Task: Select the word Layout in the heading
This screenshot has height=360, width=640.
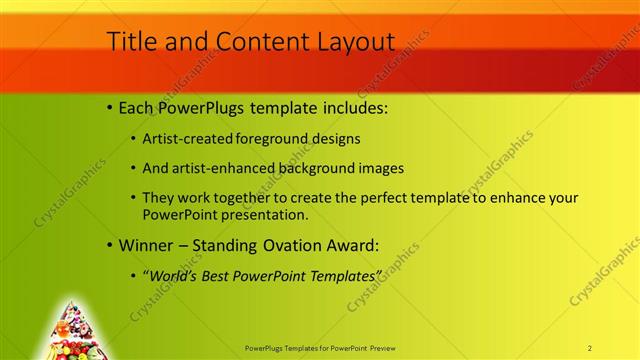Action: pos(354,41)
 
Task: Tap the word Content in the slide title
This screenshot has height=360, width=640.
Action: pos(253,41)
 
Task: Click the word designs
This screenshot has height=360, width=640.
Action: pos(338,139)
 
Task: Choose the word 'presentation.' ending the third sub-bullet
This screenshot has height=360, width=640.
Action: pos(268,215)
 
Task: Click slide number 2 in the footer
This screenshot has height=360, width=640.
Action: pos(590,347)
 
